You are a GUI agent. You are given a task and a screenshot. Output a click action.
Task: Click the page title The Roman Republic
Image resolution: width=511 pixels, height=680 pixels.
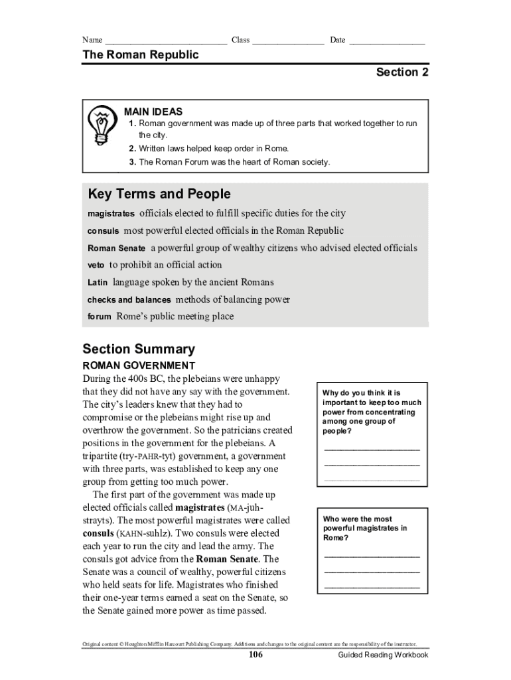point(140,55)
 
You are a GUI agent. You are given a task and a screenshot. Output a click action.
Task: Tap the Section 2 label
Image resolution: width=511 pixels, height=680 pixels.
point(402,72)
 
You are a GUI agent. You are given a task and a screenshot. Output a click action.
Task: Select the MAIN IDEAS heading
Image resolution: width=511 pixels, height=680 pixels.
point(153,112)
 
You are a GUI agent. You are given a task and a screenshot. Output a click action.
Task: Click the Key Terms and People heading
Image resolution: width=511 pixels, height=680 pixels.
point(159,195)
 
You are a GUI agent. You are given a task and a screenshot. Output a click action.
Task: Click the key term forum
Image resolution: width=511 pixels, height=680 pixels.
point(99,317)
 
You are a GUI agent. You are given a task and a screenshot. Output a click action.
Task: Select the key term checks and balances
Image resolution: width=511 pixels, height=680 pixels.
point(129,300)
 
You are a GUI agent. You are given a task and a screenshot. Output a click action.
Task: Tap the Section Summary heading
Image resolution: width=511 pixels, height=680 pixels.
point(139,349)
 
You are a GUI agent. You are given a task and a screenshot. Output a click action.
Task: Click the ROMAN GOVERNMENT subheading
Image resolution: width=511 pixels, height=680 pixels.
point(139,366)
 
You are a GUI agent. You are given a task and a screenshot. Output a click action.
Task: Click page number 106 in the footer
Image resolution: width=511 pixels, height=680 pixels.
point(256,655)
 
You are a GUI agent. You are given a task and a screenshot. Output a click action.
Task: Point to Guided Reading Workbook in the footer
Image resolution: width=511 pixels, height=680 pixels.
point(383,655)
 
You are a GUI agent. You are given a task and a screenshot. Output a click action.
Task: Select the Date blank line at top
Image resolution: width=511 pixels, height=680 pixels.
point(387,41)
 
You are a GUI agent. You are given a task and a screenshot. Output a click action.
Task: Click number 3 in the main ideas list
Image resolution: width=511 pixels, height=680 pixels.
point(133,162)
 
